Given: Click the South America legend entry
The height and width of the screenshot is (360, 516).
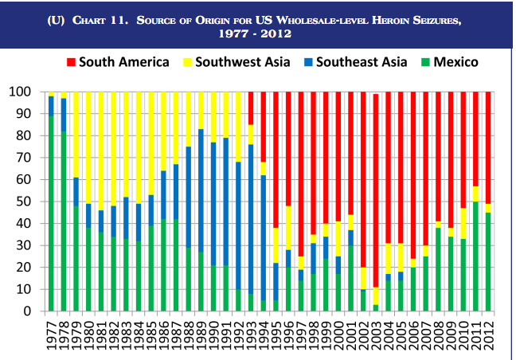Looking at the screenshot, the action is tap(118, 62).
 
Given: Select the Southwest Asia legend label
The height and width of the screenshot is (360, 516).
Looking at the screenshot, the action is tap(243, 62).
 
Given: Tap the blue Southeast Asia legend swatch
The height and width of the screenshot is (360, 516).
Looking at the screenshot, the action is tap(308, 62).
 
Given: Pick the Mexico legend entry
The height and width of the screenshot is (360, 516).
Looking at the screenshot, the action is tap(450, 62).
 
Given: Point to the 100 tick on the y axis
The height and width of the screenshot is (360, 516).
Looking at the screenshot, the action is tap(20, 92).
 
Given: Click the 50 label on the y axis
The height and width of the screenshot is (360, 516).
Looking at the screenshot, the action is tap(24, 202).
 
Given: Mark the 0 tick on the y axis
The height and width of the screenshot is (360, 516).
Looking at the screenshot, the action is tap(27, 311).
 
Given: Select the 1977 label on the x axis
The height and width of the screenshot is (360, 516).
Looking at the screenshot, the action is tap(51, 335).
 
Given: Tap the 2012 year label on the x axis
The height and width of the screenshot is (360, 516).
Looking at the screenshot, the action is tap(488, 335).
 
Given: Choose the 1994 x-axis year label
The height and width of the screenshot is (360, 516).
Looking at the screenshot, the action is tap(264, 335).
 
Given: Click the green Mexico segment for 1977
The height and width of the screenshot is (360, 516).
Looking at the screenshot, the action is tap(51, 213).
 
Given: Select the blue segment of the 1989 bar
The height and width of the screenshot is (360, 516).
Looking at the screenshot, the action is tap(201, 190).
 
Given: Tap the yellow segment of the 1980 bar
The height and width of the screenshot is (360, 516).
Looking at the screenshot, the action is tap(88, 148).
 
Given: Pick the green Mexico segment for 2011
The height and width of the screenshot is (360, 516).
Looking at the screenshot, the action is tap(475, 256).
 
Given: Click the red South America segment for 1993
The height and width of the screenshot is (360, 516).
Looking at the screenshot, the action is tap(251, 108).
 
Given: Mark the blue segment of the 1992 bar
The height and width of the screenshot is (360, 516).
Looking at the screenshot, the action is tap(238, 225).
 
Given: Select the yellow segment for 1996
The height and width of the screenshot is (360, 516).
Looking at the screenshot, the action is tap(288, 228).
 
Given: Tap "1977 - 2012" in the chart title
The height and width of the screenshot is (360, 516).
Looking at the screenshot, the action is tap(255, 33).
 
